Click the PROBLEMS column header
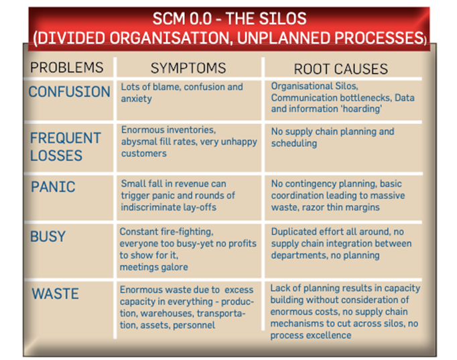[67, 67]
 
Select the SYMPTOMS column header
[188, 68]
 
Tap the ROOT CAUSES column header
[340, 69]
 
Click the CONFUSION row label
[70, 92]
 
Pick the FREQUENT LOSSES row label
[66, 147]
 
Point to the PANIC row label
[53, 186]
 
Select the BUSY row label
[48, 236]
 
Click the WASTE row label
[55, 293]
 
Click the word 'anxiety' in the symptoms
[136, 99]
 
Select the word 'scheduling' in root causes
[293, 143]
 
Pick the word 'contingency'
[310, 184]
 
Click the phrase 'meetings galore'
[153, 267]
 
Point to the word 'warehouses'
[167, 313]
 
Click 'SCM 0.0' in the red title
[182, 19]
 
